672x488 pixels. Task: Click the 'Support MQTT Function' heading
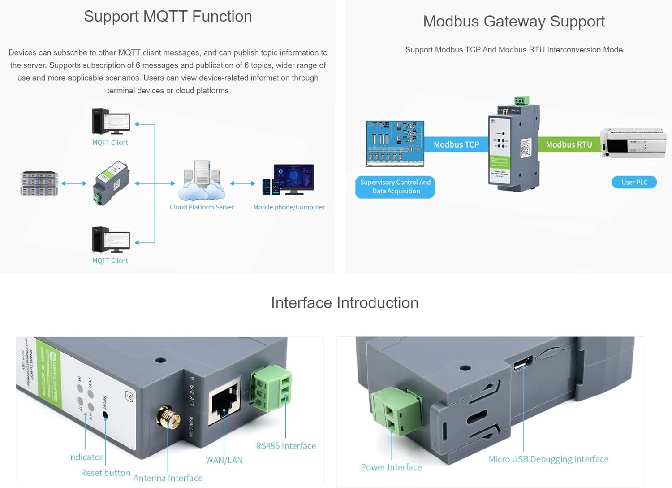168,17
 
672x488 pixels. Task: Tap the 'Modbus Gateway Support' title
513,22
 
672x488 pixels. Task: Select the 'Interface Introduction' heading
345,303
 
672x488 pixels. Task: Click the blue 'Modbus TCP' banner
456,144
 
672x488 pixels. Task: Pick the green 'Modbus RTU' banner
569,144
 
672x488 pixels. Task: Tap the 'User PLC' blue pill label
634,182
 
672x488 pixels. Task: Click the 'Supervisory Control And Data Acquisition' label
395,187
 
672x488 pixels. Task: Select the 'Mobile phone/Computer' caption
289,207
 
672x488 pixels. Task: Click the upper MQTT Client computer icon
111,121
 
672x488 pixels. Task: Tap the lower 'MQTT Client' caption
110,261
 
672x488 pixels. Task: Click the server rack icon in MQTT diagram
39,183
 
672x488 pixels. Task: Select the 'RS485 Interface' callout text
286,446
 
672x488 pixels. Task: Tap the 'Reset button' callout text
105,473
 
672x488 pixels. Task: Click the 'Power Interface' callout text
391,467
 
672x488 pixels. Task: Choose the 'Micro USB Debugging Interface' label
548,459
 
